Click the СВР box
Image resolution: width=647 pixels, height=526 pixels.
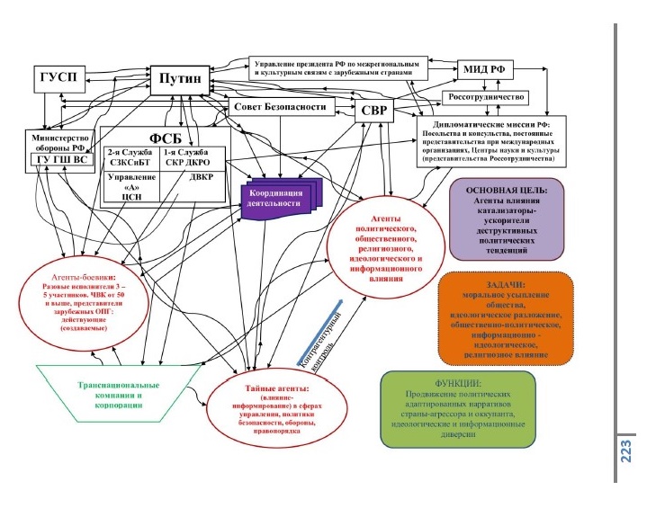[374, 111]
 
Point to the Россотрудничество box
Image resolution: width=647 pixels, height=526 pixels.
[486, 96]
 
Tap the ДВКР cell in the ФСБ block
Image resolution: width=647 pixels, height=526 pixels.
[194, 177]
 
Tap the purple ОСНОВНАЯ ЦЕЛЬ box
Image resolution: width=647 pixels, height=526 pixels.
[513, 218]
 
